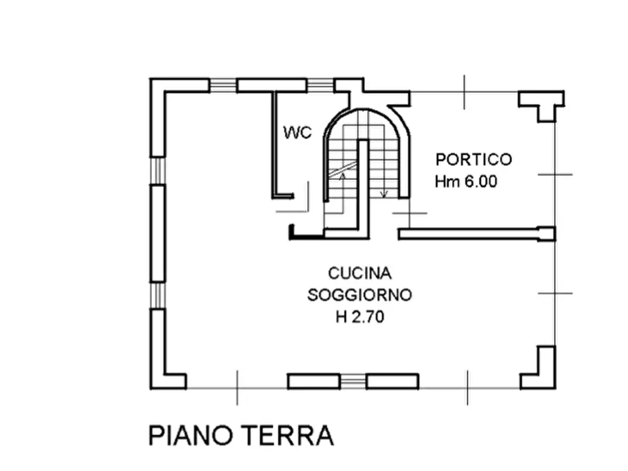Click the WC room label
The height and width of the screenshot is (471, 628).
point(297,133)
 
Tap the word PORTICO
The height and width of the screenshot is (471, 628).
point(473,160)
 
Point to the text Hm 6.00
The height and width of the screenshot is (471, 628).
point(466,181)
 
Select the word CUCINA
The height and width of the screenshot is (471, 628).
point(359,273)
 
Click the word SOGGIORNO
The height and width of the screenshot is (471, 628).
point(359,295)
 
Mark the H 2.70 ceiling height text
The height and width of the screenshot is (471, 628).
point(359,317)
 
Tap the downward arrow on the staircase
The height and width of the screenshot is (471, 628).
point(384,193)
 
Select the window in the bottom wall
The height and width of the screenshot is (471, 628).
point(354,382)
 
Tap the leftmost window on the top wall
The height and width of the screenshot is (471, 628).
point(223,86)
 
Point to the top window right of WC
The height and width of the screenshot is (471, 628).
point(320,86)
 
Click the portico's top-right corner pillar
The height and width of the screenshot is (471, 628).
point(542,104)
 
